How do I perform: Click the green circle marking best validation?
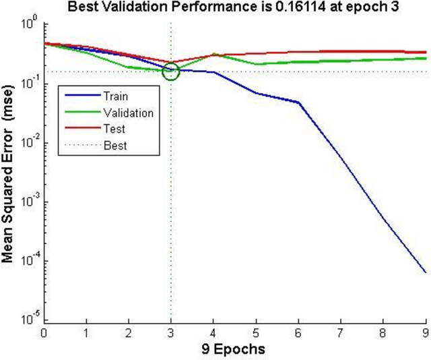click(171, 71)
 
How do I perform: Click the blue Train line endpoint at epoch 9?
click(426, 272)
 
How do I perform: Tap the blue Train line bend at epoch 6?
click(299, 102)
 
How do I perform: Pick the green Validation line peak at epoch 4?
click(213, 54)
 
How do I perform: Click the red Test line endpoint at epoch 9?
click(426, 52)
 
